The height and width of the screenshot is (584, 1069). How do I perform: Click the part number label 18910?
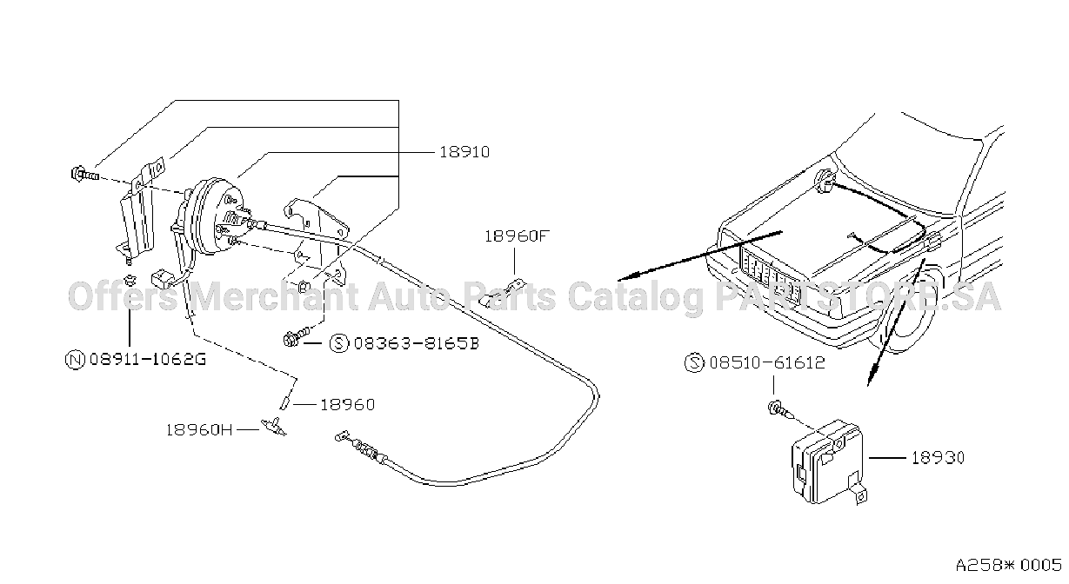464,152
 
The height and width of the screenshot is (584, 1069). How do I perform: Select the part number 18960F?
517,236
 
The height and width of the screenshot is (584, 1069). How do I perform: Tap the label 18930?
938,458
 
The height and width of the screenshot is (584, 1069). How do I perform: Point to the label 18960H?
199,430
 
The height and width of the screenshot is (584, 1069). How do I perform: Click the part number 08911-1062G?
148,359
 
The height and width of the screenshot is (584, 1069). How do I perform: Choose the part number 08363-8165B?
416,343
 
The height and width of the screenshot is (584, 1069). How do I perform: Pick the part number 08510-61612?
767,362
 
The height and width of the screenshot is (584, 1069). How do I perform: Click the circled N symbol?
75,360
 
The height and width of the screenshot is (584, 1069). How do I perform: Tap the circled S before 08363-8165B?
339,343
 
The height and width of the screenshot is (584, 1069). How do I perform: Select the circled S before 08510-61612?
694,362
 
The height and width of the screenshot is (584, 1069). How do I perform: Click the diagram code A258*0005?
1008,566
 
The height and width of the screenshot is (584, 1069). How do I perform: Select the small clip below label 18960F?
502,292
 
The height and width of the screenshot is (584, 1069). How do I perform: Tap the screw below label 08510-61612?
779,410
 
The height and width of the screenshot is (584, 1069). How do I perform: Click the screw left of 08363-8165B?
296,336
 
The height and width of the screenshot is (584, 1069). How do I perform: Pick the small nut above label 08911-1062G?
129,279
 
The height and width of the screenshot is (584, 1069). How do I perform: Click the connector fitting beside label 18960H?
273,426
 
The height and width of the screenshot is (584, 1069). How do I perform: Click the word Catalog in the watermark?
636,296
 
